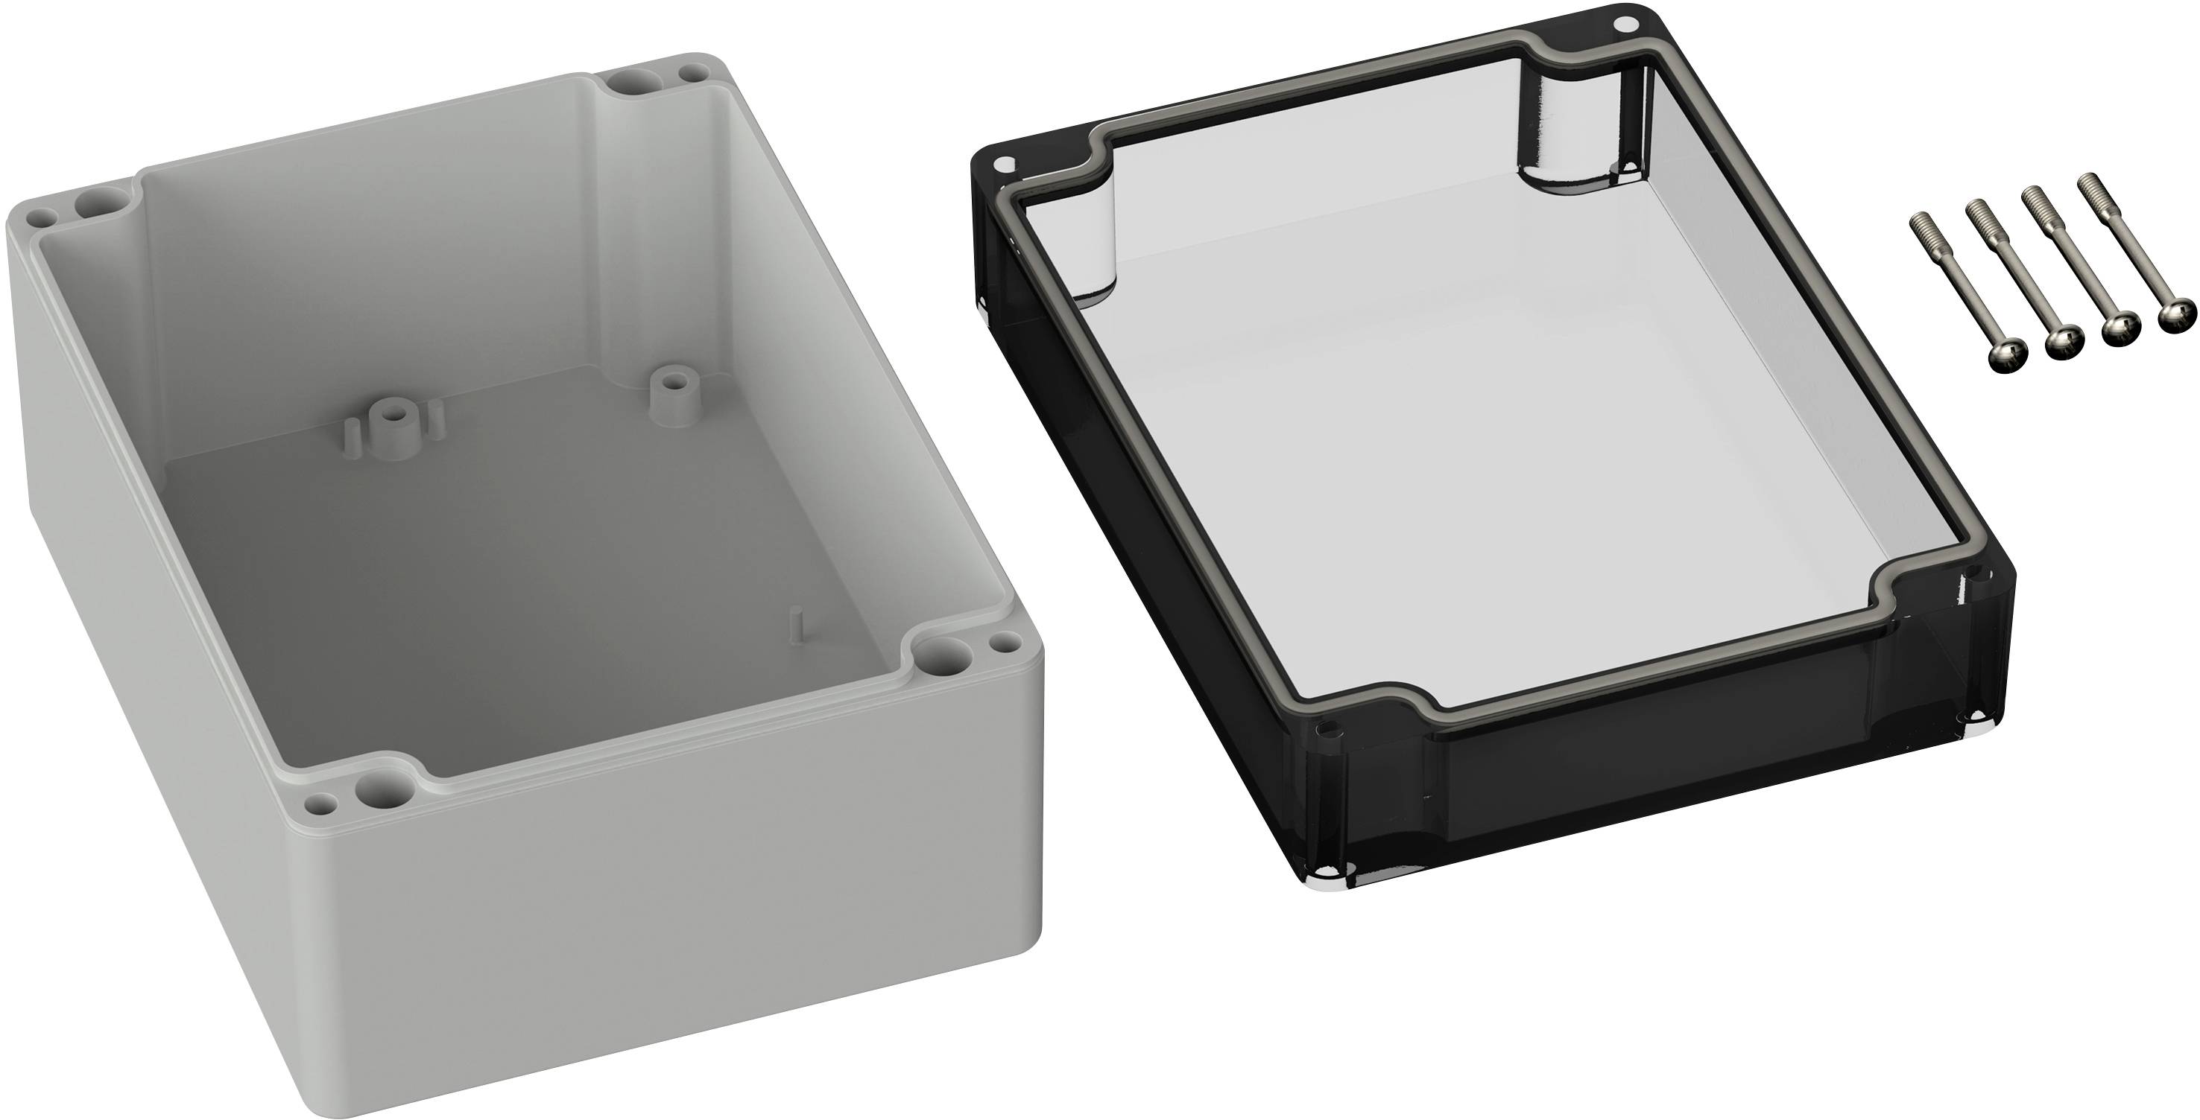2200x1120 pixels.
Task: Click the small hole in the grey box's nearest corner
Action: pos(321,803)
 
